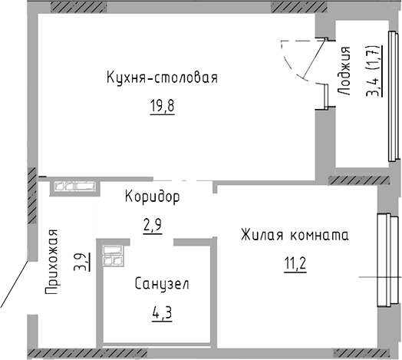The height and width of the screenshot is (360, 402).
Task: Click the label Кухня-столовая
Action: [x=162, y=78]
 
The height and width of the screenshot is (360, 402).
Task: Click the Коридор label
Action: [x=153, y=197]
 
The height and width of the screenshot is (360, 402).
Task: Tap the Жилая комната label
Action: [x=295, y=235]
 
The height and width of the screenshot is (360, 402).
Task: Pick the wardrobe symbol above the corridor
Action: [x=74, y=185]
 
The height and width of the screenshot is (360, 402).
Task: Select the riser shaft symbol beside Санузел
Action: [x=112, y=255]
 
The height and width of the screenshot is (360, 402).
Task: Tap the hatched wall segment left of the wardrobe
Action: [x=31, y=193]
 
